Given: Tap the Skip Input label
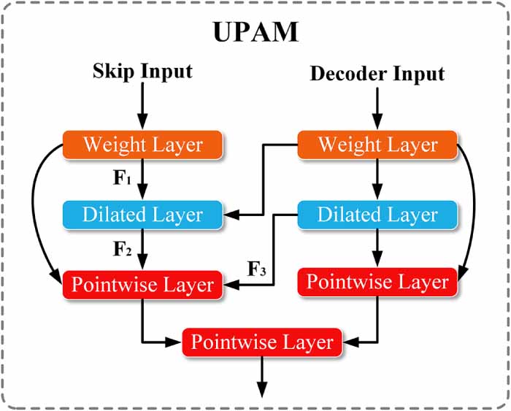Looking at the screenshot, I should (142, 71).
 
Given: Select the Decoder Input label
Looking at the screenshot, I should (377, 73).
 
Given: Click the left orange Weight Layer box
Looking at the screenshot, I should (142, 145).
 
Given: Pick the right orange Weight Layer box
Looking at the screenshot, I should (377, 145).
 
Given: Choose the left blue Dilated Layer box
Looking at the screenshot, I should (142, 215).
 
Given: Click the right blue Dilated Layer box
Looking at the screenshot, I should (377, 215).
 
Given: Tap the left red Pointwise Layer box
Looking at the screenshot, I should (142, 284).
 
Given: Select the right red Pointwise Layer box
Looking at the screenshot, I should (377, 282).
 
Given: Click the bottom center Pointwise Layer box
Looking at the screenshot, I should (261, 342).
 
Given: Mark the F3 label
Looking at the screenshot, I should (258, 268).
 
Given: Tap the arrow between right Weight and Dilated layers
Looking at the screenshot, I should (377, 179).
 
